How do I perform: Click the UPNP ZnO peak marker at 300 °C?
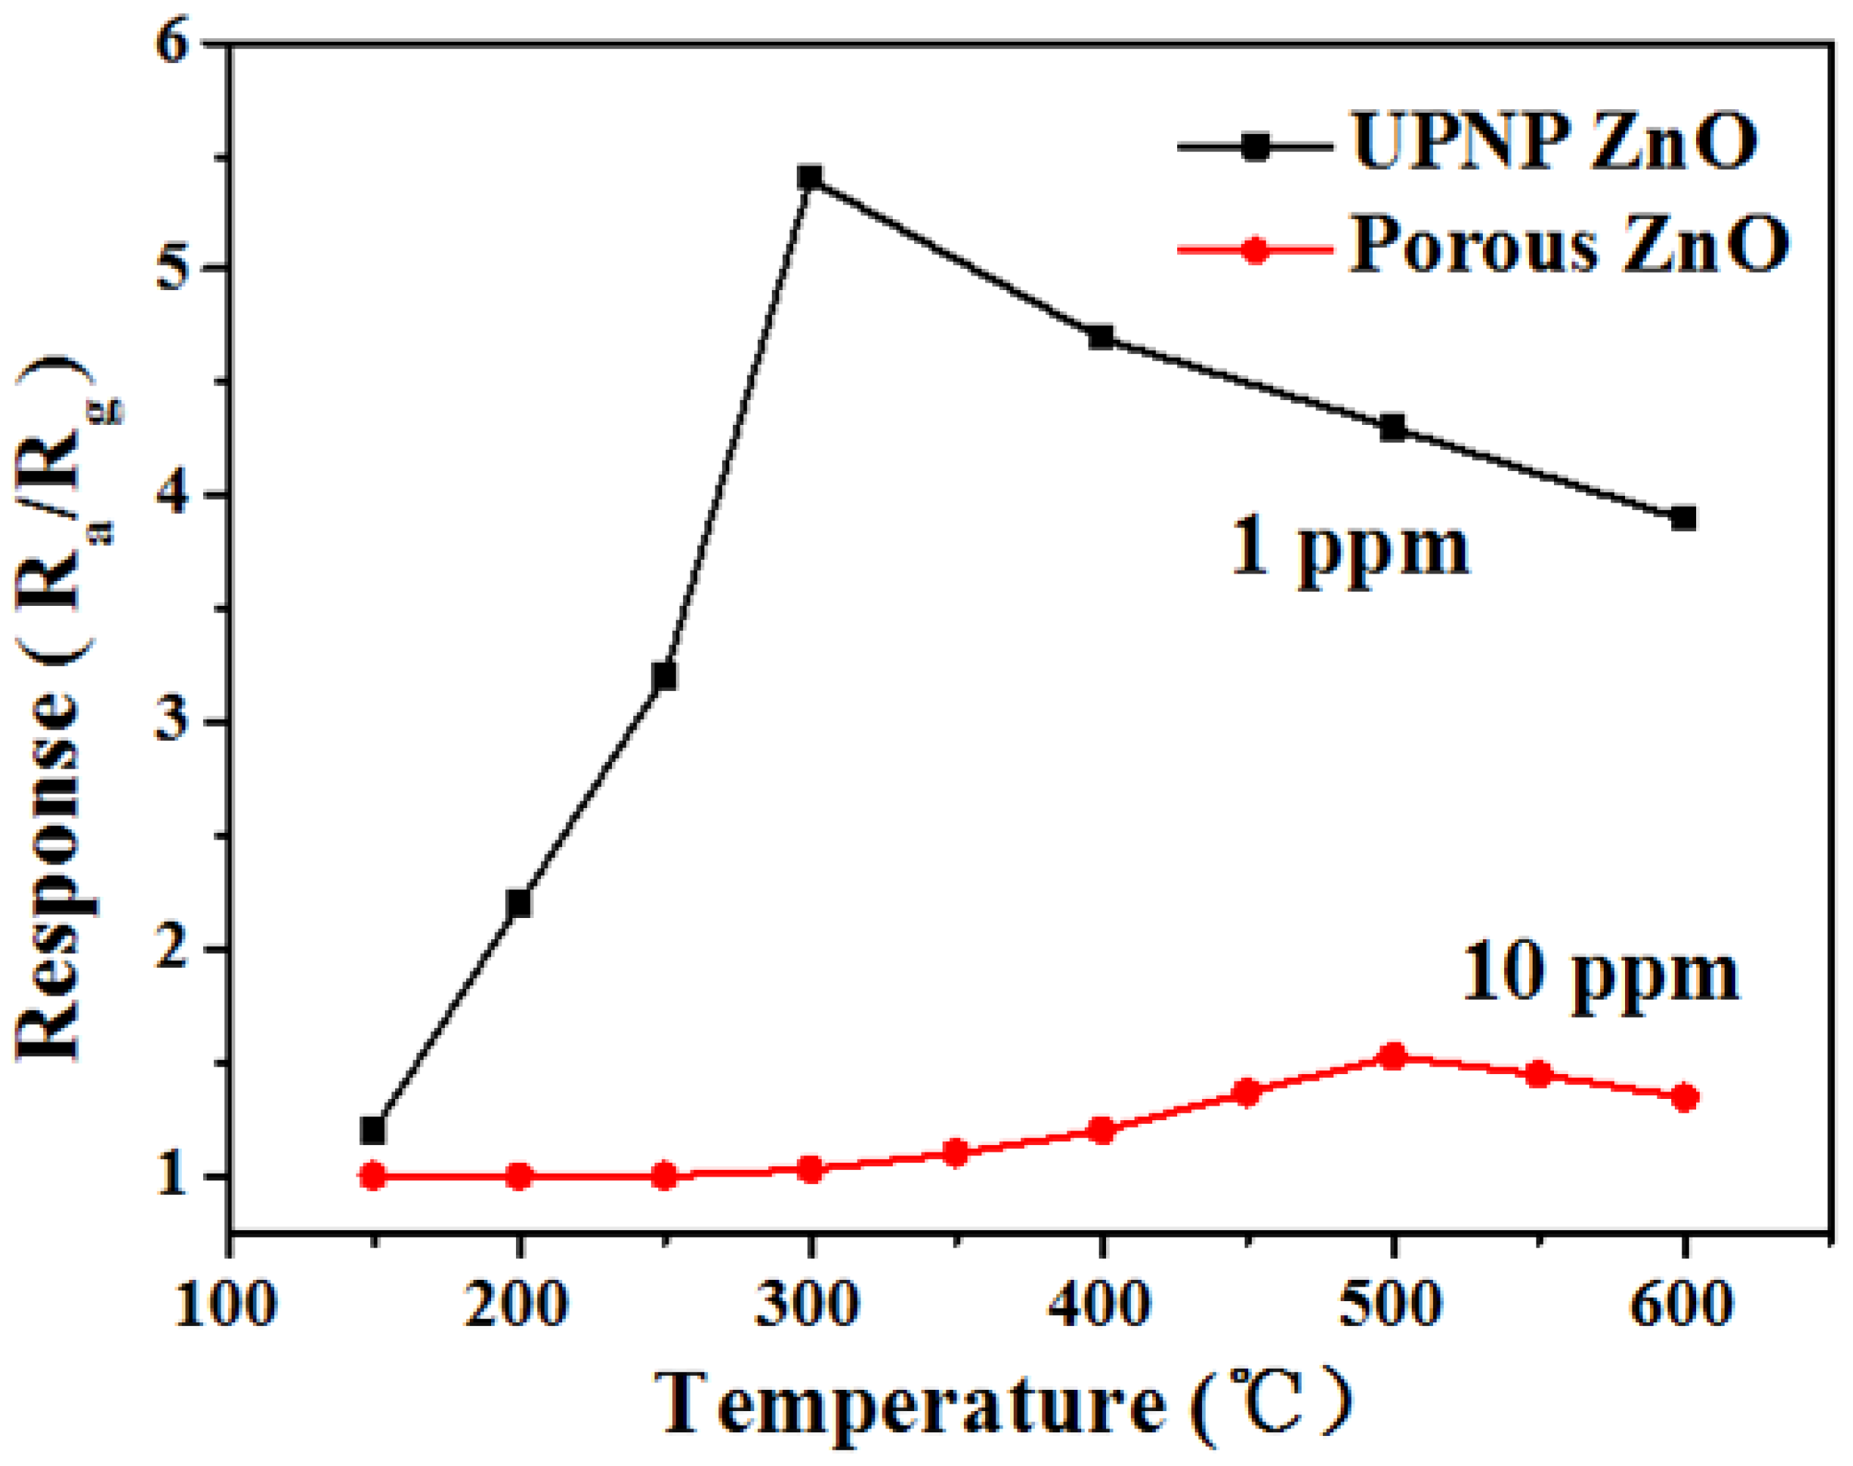[809, 179]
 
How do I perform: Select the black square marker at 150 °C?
[372, 1130]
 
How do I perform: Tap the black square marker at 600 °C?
[1684, 519]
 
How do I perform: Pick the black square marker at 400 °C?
[1102, 336]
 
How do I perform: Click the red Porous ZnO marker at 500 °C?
[1393, 1056]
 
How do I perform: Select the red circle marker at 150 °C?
[372, 1175]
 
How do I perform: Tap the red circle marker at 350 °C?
[956, 1152]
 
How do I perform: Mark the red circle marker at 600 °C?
[1684, 1097]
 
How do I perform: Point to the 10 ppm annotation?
[1599, 976]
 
